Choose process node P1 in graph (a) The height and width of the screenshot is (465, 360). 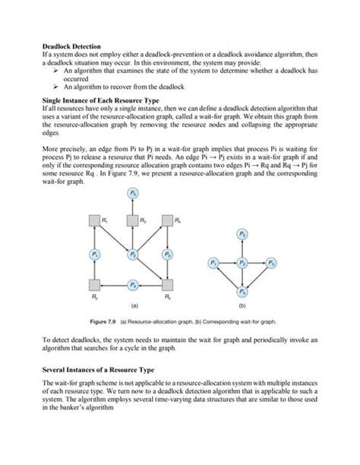96,254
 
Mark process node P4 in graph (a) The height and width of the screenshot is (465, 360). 134,285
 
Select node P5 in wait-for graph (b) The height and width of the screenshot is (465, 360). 242,233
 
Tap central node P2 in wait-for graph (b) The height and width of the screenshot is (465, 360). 242,263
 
